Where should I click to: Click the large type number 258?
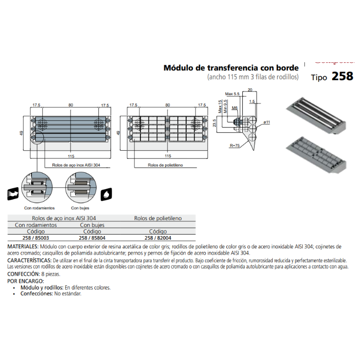342,77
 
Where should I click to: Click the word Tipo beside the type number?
319,78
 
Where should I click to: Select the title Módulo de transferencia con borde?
231,67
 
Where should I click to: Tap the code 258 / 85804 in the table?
93,238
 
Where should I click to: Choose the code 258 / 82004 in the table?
158,238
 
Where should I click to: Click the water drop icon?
106,194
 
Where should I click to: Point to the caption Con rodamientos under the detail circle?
40,208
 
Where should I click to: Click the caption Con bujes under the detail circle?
80,208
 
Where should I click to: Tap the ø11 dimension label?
267,122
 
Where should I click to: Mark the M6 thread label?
235,109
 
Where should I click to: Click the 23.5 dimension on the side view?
214,123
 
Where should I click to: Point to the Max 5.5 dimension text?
232,94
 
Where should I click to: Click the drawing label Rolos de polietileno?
165,165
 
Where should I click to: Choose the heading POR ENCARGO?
25,281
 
